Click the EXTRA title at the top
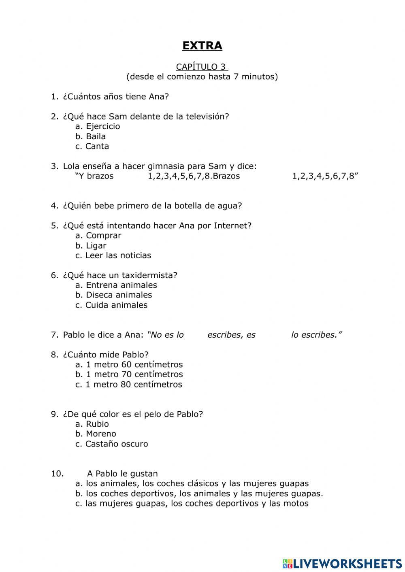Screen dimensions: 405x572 (202, 46)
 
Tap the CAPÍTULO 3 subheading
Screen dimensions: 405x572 (202, 67)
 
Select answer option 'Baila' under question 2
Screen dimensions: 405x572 (96, 136)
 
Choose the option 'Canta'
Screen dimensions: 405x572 (97, 146)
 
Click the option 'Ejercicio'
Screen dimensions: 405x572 (103, 126)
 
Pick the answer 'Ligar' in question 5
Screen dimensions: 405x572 (96, 246)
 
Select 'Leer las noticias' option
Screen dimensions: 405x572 (118, 255)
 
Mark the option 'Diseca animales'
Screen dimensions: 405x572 (119, 295)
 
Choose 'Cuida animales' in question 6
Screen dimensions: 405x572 (116, 305)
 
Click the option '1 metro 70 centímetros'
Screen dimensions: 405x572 (134, 374)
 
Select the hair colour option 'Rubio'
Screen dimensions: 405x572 (97, 424)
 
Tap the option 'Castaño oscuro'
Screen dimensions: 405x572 (116, 444)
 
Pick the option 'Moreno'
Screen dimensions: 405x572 (101, 434)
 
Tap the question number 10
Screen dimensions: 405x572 (57, 474)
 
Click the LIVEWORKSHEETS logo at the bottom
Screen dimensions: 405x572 (342, 563)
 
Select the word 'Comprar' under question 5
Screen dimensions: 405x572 (103, 236)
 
